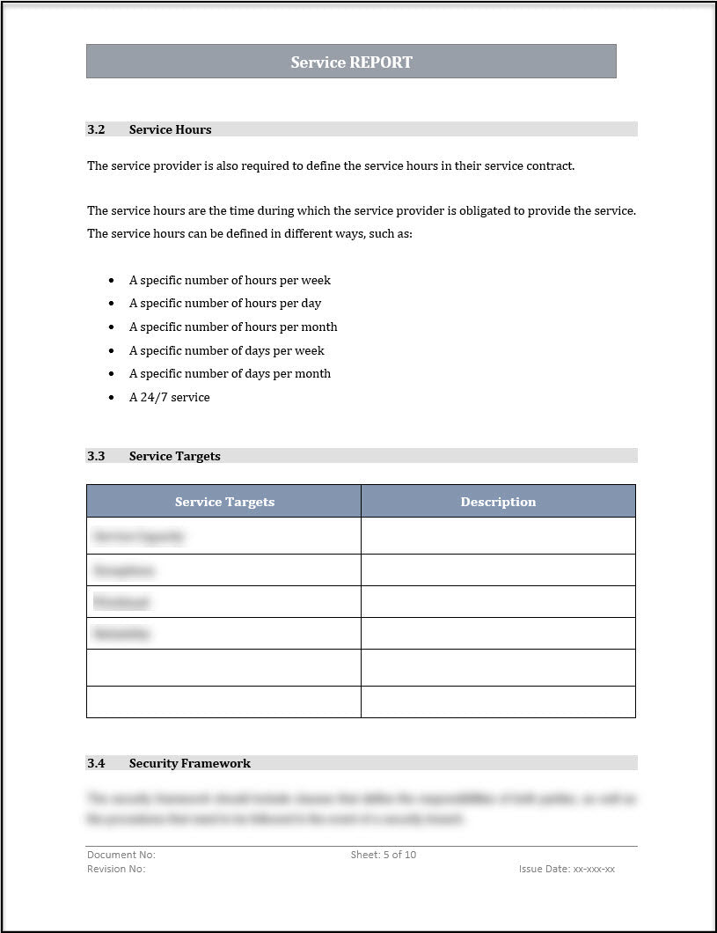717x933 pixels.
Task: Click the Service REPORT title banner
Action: point(351,62)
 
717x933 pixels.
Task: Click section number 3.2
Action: point(96,129)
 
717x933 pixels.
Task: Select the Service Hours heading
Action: point(170,129)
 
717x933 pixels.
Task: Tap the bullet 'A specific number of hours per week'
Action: point(230,280)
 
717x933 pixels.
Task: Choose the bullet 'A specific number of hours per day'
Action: point(225,303)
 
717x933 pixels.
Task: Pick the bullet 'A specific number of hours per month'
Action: point(233,327)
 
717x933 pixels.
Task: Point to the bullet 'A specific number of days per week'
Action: point(227,350)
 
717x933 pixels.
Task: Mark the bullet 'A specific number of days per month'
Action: point(230,373)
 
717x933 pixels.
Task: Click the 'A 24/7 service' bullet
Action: point(169,397)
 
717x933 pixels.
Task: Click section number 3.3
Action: point(96,456)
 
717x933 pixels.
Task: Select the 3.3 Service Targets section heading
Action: point(174,456)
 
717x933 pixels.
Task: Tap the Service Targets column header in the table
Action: point(224,502)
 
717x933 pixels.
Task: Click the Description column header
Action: point(498,502)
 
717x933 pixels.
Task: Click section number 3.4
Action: point(96,763)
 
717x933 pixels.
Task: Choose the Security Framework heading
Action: point(189,763)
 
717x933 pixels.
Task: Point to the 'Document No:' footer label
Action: point(121,855)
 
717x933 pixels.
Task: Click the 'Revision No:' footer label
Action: point(116,869)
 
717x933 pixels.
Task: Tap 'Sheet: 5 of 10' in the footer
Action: point(383,855)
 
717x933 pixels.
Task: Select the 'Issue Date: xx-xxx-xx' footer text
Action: point(567,869)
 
